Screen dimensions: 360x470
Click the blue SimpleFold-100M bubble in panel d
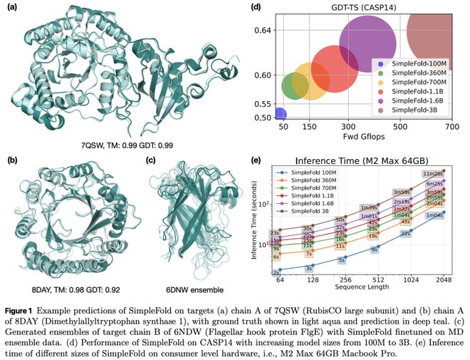(280, 114)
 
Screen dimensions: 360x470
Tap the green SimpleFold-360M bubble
(294, 85)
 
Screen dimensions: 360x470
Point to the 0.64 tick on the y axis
(263, 31)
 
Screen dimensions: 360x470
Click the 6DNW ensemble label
(188, 269)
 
